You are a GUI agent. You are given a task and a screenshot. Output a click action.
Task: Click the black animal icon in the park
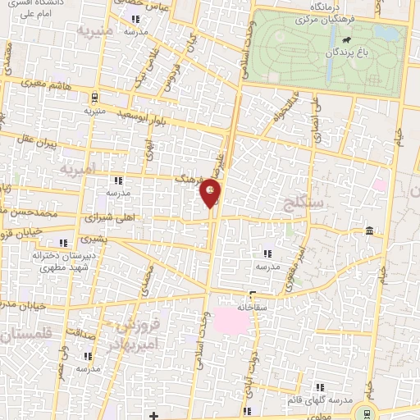(349, 40)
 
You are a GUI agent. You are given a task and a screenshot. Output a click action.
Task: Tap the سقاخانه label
(253, 308)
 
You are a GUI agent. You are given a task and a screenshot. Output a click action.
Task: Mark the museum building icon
(370, 229)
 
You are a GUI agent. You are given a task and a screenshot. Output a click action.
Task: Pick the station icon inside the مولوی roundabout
(366, 413)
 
